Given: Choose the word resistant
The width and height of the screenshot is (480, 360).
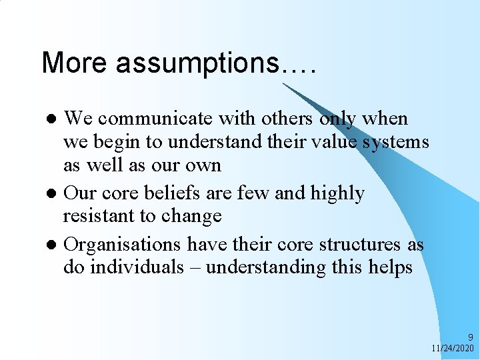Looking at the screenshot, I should [99, 216].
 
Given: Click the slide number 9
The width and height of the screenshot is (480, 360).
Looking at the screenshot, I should [470, 337].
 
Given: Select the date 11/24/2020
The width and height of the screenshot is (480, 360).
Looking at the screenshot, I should [452, 349].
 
